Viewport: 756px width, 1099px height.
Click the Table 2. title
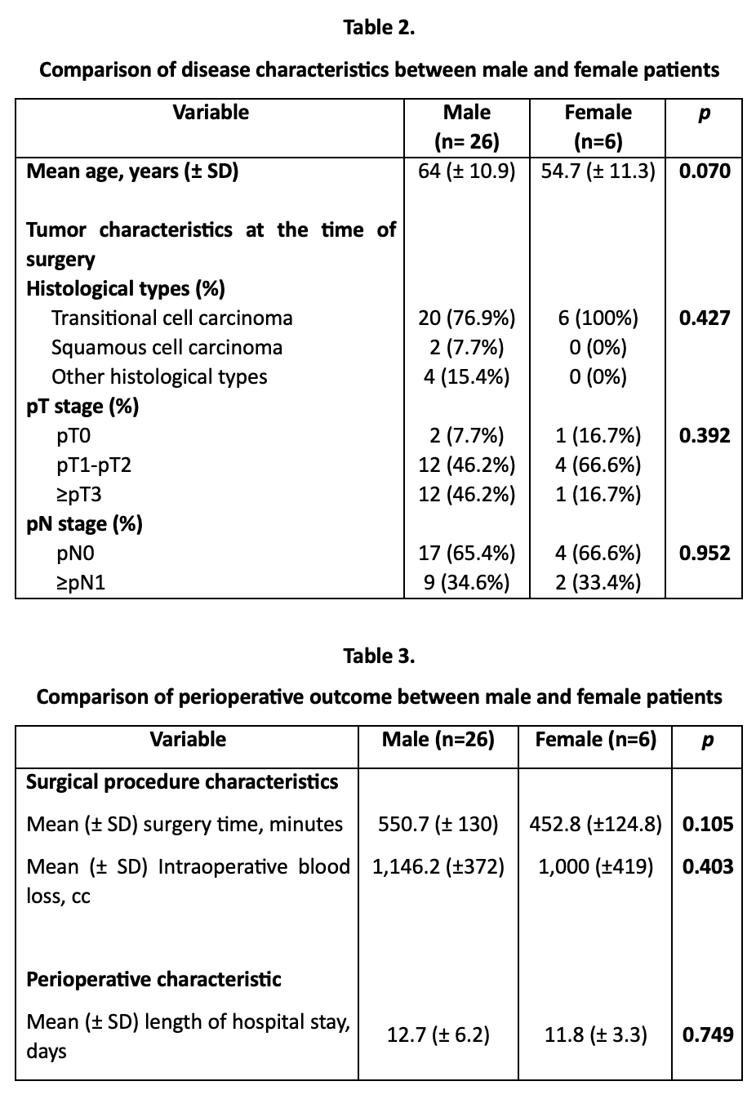tap(379, 28)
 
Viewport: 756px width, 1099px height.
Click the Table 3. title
tap(379, 656)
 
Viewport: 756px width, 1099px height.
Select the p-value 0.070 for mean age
tap(705, 171)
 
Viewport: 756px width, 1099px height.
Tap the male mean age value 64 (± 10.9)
tap(466, 171)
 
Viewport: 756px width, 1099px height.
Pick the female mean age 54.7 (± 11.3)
tap(598, 171)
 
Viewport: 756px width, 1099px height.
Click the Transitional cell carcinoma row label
tap(171, 318)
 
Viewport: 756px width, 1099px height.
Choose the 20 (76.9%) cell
tap(466, 318)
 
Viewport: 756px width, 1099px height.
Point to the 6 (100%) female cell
tap(598, 318)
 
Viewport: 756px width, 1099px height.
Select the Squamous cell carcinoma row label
tap(167, 347)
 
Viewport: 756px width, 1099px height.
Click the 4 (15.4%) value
tap(466, 376)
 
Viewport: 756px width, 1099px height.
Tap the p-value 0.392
tap(705, 436)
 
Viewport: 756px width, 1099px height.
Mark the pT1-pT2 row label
tap(94, 465)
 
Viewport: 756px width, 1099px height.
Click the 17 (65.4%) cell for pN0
tap(466, 554)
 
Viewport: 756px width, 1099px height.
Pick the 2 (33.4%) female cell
tap(598, 583)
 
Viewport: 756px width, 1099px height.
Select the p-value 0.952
tap(705, 554)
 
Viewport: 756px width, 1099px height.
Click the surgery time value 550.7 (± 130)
tap(438, 825)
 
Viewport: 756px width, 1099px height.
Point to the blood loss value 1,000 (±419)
tap(596, 867)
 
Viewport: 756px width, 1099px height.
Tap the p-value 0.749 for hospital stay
tap(708, 1035)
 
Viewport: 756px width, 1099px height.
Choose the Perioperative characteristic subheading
tap(153, 979)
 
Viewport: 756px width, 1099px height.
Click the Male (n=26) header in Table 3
tap(438, 740)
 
